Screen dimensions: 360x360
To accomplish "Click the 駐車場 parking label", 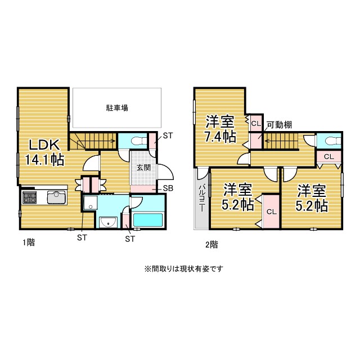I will click(117, 107).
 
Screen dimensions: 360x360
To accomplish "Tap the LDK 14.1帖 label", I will click(42, 151).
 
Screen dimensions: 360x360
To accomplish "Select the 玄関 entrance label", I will click(143, 167).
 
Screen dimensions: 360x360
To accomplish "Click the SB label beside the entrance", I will click(168, 188).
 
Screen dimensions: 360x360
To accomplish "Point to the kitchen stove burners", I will click(29, 197).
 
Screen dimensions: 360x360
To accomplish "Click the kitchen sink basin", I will click(56, 197).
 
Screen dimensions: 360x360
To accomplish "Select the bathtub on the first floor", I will click(147, 219).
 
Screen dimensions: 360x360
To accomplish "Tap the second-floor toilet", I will click(327, 141).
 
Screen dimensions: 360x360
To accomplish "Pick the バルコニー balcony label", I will click(201, 199).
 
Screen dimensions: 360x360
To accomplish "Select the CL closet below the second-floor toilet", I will click(329, 157).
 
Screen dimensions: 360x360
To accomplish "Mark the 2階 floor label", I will click(211, 244).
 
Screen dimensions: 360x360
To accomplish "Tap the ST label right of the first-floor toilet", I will click(168, 136).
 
